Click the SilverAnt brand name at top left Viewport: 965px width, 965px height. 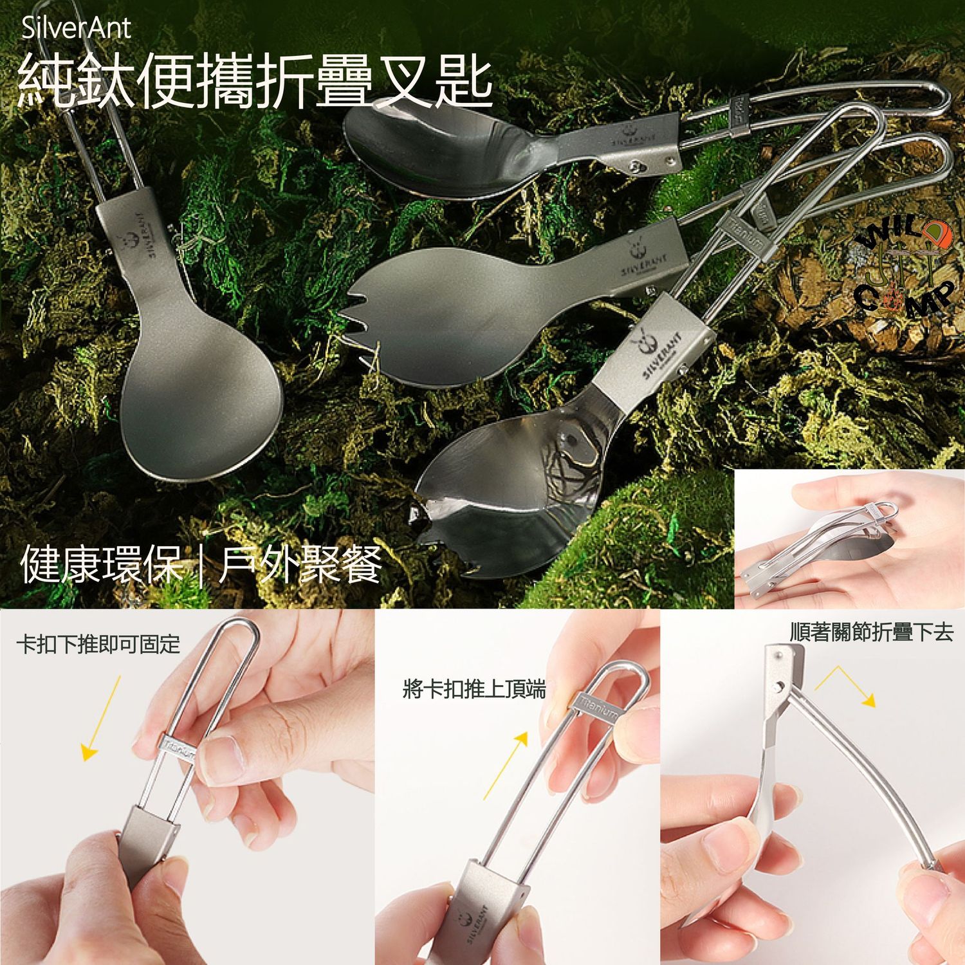click(x=76, y=28)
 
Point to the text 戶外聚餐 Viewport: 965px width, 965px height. click(x=301, y=564)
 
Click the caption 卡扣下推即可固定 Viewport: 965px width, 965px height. click(x=98, y=644)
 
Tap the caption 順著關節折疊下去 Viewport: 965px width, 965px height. click(x=871, y=633)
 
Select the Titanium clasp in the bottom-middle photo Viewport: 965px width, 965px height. click(x=595, y=708)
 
